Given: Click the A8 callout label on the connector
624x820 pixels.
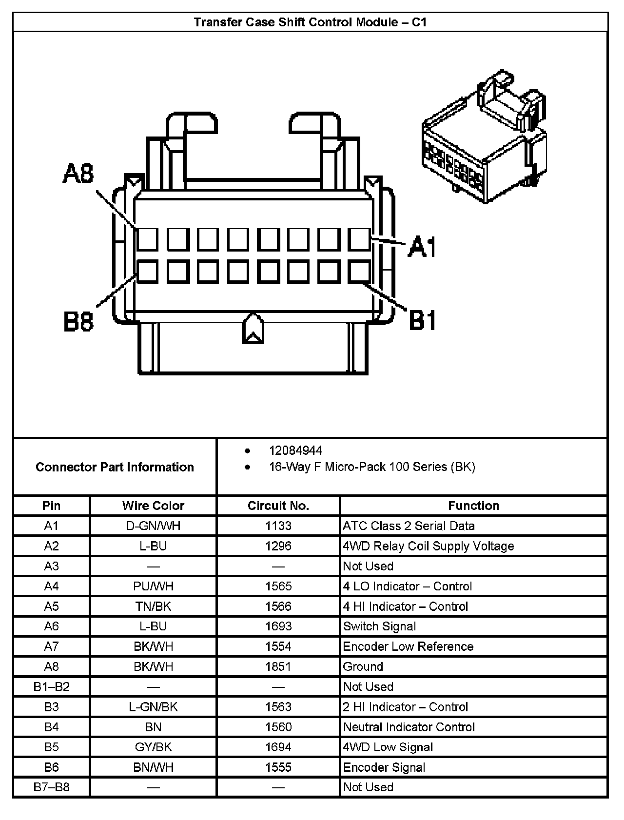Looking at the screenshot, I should tap(78, 174).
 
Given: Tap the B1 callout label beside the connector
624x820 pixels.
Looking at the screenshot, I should tap(422, 320).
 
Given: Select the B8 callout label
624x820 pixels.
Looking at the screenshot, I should tap(78, 322).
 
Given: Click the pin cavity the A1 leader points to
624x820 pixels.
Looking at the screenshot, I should tap(359, 239).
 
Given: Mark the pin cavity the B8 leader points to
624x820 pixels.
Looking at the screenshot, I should tap(147, 272).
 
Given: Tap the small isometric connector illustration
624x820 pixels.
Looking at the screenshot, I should tap(484, 139).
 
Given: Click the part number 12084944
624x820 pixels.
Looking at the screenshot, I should tap(295, 450).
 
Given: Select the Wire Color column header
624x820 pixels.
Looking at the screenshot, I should tap(153, 506).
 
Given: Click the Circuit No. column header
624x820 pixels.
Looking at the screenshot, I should tap(278, 506).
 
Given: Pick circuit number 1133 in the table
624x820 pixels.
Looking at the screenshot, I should tap(278, 526).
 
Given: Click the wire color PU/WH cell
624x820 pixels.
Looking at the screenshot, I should tap(153, 586).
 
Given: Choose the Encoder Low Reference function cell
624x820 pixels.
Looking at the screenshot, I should tap(408, 646).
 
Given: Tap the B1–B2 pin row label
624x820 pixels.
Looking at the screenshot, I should tap(51, 686).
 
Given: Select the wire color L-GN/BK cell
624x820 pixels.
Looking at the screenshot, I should tap(153, 707).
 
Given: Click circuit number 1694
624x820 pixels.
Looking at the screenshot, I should tap(278, 747).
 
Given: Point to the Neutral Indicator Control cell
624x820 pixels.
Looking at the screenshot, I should tap(409, 727).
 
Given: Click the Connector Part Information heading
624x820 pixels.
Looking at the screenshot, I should tap(115, 467).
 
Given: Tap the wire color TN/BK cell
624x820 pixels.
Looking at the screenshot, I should tap(153, 606).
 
